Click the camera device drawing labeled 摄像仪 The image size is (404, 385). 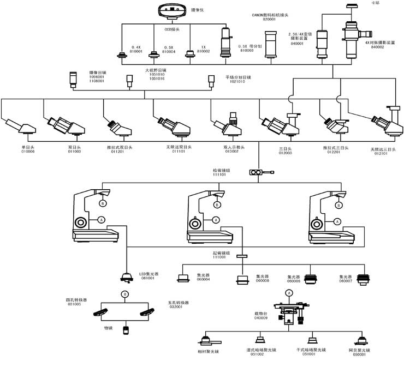point(172,10)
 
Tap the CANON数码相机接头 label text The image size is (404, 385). point(271,16)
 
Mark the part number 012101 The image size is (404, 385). point(381,154)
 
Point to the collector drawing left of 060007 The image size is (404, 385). point(312,279)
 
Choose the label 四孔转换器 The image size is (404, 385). point(77,300)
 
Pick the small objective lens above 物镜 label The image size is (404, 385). point(126,329)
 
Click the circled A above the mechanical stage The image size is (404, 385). point(289,292)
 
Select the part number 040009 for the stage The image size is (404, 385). point(261,317)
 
